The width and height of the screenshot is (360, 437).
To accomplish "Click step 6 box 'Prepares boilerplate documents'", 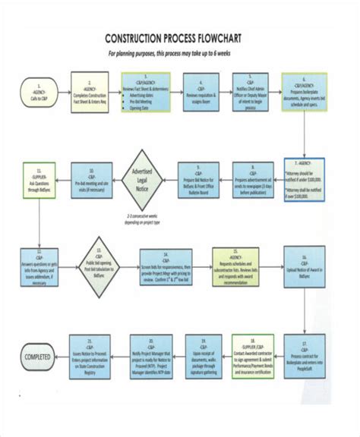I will tap(304, 91).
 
